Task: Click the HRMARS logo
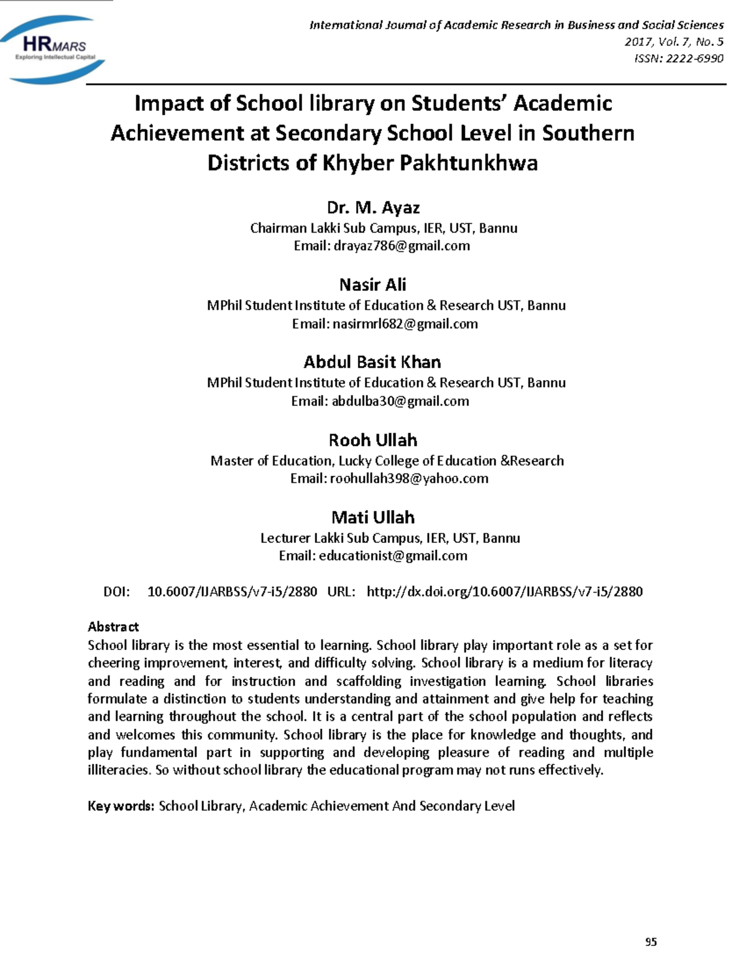(x=55, y=49)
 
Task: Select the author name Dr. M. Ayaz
(x=373, y=207)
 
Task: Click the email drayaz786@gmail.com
(x=402, y=246)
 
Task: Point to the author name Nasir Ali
(x=373, y=285)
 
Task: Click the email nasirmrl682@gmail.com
(x=405, y=324)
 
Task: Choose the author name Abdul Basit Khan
(x=372, y=362)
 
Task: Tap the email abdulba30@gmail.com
(x=400, y=401)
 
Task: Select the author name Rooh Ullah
(x=373, y=440)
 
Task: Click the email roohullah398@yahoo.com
(x=409, y=479)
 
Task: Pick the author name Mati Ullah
(x=373, y=518)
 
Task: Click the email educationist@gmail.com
(x=393, y=556)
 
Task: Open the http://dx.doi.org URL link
(x=504, y=592)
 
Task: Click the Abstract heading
(x=113, y=627)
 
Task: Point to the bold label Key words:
(x=121, y=806)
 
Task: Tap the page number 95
(x=651, y=942)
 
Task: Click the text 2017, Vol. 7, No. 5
(x=674, y=42)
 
